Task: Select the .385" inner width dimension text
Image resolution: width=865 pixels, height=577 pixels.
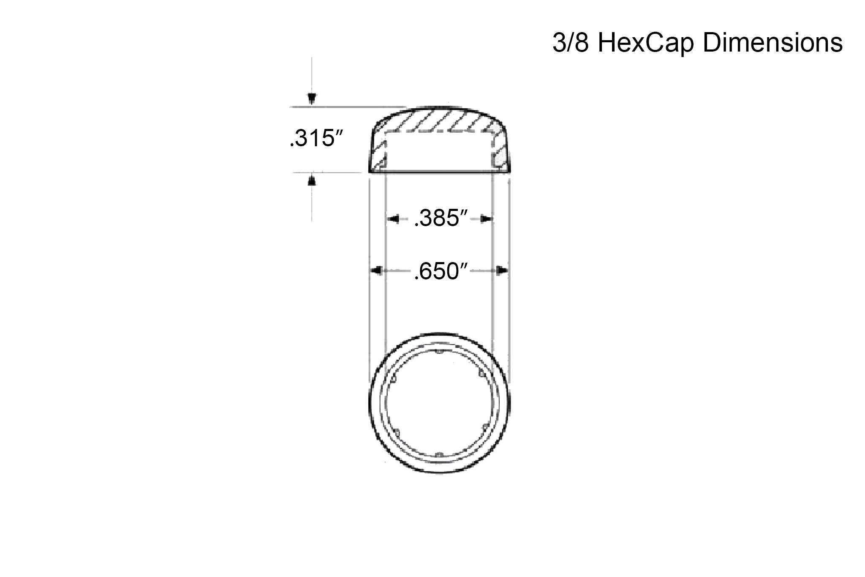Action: click(x=441, y=219)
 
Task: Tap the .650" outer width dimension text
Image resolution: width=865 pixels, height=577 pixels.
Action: click(x=441, y=271)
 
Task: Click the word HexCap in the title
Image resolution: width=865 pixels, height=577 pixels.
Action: click(x=646, y=44)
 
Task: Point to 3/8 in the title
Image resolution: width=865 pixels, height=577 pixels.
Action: click(x=570, y=44)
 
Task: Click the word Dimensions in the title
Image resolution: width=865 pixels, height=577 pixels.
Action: click(x=773, y=44)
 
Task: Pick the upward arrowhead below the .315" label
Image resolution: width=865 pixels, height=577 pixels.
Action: click(x=311, y=180)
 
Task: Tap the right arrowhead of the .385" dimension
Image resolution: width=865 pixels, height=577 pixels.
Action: click(x=487, y=219)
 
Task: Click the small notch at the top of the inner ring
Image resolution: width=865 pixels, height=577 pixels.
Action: click(x=439, y=352)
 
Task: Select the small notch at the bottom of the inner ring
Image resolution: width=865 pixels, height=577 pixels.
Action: click(x=439, y=455)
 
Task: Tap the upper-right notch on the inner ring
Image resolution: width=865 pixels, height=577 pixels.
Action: click(x=481, y=374)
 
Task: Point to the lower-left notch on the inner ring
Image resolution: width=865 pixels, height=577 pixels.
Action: click(x=397, y=432)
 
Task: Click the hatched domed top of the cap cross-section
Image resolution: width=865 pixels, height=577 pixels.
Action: click(x=439, y=120)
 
